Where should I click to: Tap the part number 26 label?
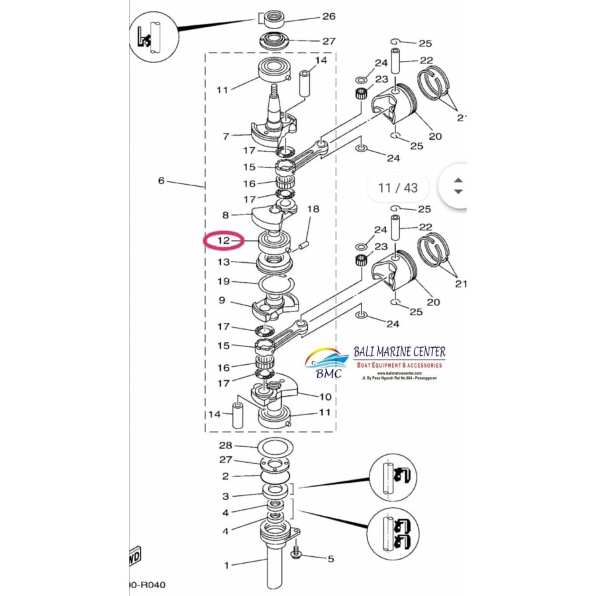pyautogui.click(x=328, y=17)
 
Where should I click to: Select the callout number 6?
pyautogui.click(x=161, y=180)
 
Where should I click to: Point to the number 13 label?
pyautogui.click(x=224, y=263)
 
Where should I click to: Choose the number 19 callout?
pyautogui.click(x=224, y=281)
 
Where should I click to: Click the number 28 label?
pyautogui.click(x=225, y=446)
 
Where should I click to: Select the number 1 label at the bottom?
pyautogui.click(x=226, y=565)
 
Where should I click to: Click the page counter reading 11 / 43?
pyautogui.click(x=397, y=187)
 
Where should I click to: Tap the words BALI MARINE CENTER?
pyautogui.click(x=399, y=352)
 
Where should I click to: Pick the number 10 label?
pyautogui.click(x=325, y=397)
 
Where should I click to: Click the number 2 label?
pyautogui.click(x=226, y=476)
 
